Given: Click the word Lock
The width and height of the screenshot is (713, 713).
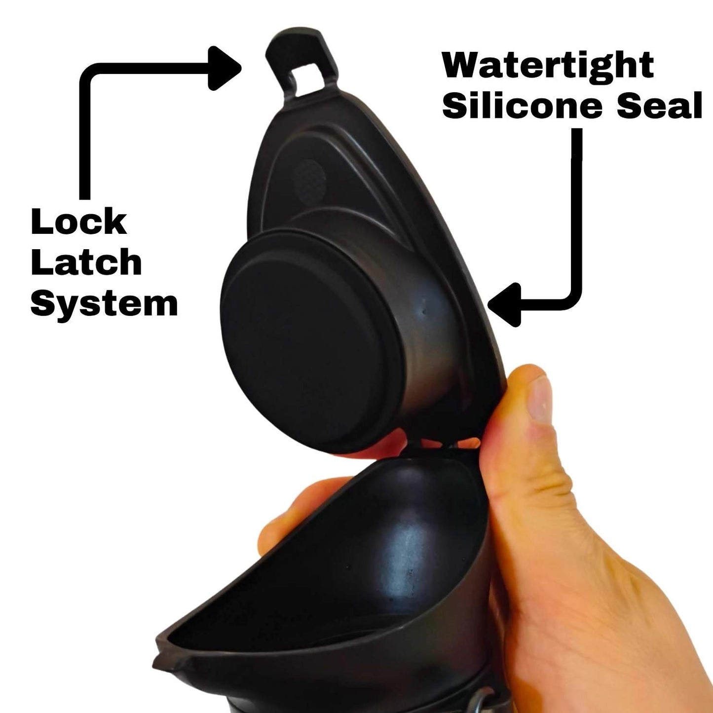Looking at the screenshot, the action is [x=79, y=222].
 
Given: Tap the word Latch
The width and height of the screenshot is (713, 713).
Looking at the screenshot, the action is [x=86, y=262].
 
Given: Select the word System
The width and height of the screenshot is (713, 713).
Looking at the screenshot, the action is [x=104, y=304].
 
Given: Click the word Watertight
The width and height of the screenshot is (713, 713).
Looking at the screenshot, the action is [x=548, y=65].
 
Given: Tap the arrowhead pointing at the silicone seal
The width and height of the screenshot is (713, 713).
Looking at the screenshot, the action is [x=505, y=304].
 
